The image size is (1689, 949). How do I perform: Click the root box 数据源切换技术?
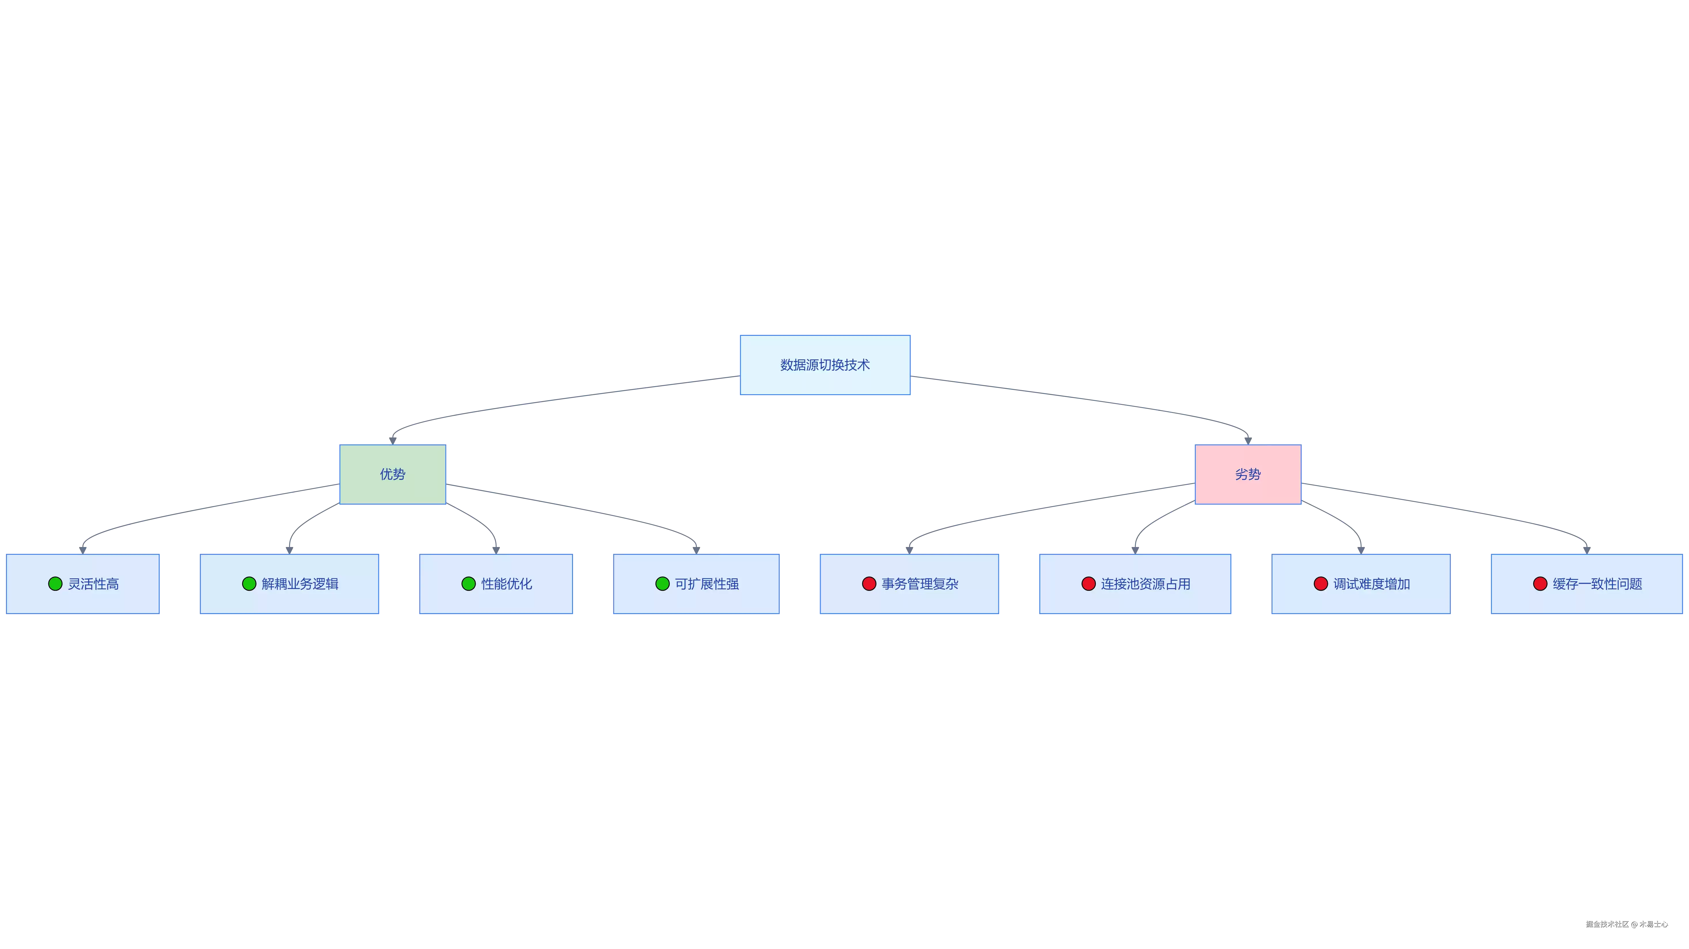click(x=825, y=365)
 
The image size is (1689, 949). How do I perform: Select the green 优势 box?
click(x=393, y=474)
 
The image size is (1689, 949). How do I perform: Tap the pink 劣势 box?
click(x=1248, y=474)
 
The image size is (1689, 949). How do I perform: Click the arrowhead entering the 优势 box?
click(x=393, y=441)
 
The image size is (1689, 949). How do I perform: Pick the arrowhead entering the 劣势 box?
click(x=1248, y=441)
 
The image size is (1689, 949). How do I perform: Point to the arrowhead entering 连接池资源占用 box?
click(x=1135, y=550)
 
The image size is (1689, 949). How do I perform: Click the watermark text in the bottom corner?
click(x=1627, y=924)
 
